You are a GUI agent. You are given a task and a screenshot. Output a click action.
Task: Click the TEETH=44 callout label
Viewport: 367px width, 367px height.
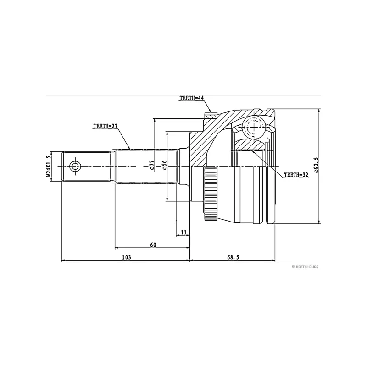tap(191, 98)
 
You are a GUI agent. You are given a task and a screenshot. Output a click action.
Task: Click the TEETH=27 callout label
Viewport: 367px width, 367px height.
tap(106, 126)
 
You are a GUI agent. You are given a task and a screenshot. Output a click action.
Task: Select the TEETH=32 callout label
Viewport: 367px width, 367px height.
tap(296, 175)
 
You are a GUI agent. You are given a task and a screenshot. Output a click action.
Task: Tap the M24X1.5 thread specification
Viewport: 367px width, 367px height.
tap(48, 166)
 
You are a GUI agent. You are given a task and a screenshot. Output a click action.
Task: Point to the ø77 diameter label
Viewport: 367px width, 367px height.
tap(152, 165)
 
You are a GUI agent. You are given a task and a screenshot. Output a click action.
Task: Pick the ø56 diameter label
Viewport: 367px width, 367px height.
tap(164, 165)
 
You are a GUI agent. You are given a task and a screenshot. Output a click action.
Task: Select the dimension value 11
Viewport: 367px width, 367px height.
tap(184, 233)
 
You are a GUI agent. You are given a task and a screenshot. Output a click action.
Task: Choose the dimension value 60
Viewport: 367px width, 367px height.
tap(153, 245)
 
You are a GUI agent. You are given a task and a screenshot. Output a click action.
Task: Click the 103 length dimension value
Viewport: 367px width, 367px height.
tap(127, 257)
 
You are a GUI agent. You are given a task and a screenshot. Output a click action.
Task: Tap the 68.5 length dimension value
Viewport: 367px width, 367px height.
tap(233, 257)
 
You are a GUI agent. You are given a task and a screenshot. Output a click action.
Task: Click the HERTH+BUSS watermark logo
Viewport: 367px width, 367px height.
tap(305, 267)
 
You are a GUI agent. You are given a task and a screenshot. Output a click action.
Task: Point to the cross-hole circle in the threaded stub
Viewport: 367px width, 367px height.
tap(75, 167)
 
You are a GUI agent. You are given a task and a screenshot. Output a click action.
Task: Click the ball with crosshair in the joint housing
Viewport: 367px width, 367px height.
tap(254, 127)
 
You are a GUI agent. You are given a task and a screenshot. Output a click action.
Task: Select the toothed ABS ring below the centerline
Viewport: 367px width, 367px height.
tap(211, 194)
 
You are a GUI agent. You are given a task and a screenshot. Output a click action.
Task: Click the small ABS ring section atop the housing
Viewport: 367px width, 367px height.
tap(211, 115)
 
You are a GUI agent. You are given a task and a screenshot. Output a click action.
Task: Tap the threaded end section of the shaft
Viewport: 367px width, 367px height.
tap(86, 167)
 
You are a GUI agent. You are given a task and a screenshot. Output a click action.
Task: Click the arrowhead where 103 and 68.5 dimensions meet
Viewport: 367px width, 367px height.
tap(189, 260)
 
